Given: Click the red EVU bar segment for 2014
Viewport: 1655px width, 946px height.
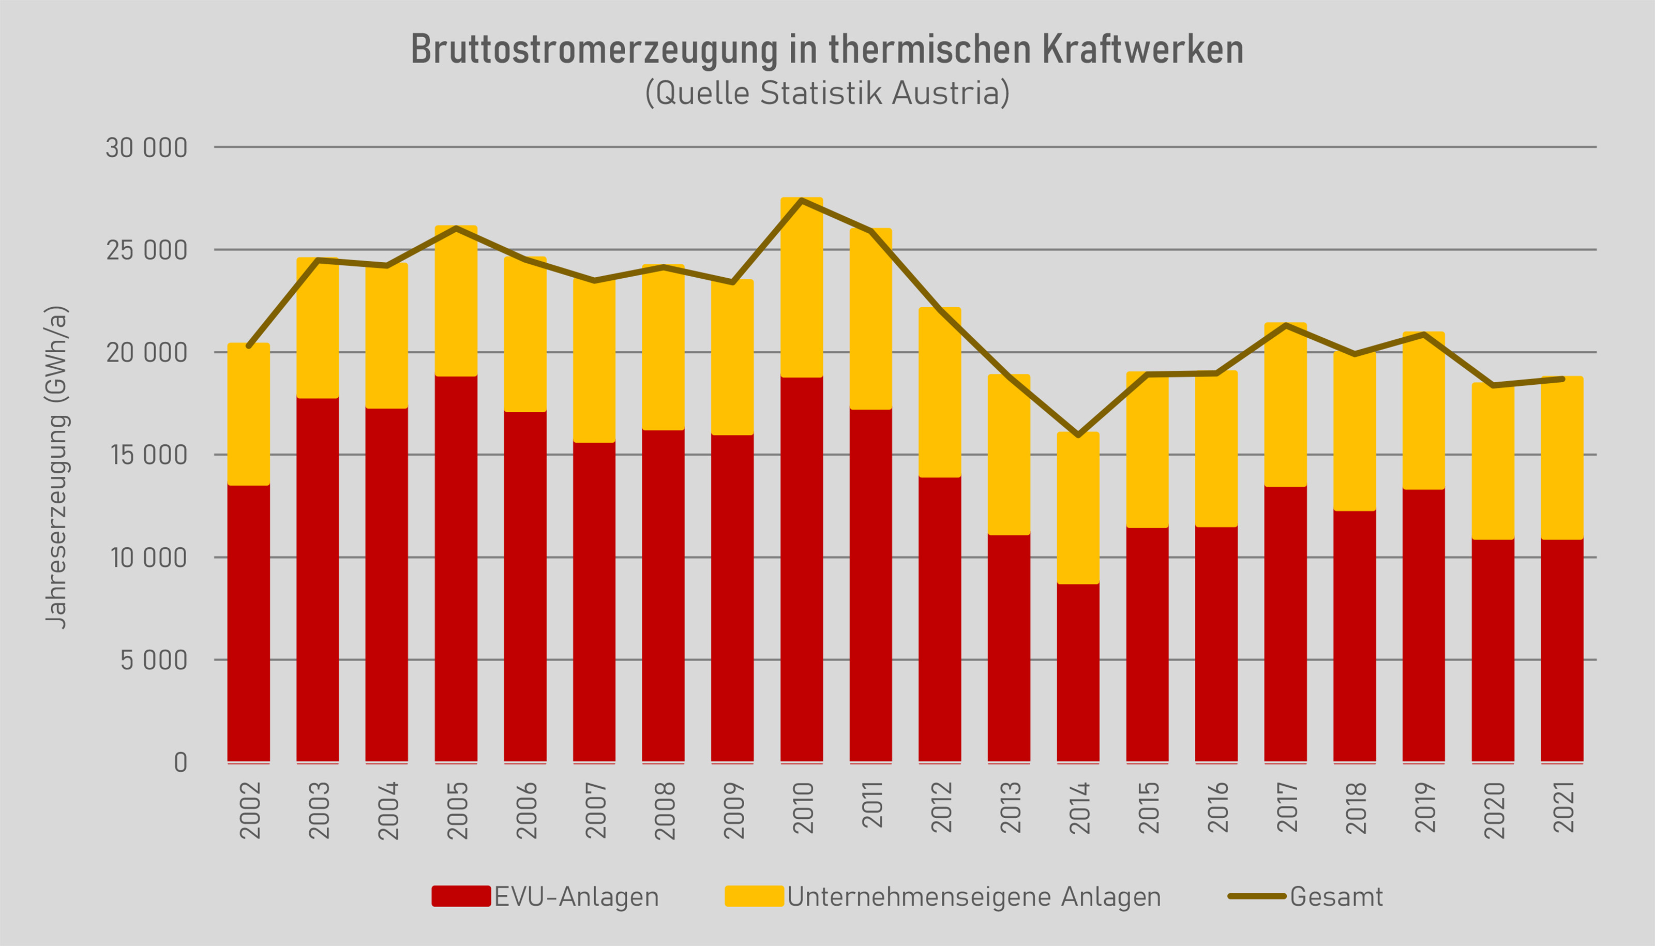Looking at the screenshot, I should (x=1078, y=672).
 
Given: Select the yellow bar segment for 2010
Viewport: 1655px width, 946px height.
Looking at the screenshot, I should (x=802, y=287).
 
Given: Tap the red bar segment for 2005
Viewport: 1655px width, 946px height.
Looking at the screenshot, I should (x=456, y=568).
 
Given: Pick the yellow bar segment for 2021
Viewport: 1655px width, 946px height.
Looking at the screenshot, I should (x=1562, y=458).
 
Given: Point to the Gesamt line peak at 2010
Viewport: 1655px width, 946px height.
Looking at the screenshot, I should (x=802, y=200).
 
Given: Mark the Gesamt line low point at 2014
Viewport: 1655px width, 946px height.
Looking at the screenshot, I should (x=1078, y=434).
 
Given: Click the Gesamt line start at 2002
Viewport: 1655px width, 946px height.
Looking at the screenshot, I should (x=249, y=346).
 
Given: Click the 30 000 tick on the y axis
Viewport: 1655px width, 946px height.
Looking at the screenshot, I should (x=146, y=148).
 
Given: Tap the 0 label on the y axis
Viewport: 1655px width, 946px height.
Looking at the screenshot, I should (x=180, y=762).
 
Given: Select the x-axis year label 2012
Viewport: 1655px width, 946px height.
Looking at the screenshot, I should (x=941, y=807).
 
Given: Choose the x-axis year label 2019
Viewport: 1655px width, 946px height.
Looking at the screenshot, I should (x=1425, y=807).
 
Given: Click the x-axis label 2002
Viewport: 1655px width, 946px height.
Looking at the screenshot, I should (x=250, y=809).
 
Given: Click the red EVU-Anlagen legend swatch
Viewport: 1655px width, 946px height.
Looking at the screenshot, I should (x=460, y=896).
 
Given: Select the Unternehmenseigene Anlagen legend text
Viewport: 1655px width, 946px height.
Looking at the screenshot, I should (x=974, y=897).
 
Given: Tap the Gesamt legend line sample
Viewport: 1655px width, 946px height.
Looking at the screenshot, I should (x=1256, y=896).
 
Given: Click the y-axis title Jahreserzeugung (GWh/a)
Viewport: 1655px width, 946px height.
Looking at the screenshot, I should (x=56, y=467).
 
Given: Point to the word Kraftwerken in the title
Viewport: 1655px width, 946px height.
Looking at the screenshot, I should (x=1142, y=49).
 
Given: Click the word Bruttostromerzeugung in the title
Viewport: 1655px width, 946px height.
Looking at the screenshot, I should (x=594, y=49).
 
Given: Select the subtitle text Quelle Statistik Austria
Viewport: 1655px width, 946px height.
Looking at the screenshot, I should (x=827, y=93).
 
